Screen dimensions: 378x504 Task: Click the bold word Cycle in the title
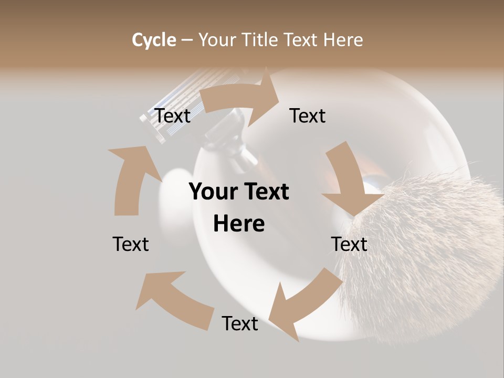pos(154,40)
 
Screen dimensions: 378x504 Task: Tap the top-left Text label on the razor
pos(173,115)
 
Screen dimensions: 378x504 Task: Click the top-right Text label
pos(308,115)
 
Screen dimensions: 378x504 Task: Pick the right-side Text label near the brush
pos(349,244)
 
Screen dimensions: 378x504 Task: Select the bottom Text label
pos(240,323)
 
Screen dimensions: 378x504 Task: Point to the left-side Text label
pos(131,244)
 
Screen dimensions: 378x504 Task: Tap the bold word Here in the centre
pos(239,224)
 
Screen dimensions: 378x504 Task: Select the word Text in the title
pos(301,40)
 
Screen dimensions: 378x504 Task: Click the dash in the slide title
pos(187,40)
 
